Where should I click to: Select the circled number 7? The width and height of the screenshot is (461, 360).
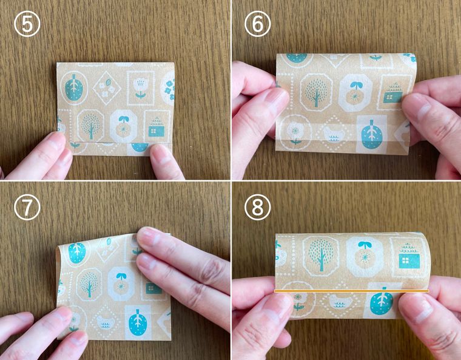coord(27,208)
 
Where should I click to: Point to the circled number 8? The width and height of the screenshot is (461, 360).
coord(258,208)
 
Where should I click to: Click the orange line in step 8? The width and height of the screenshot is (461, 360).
coord(352,291)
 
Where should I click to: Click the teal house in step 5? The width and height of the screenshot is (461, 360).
coord(156,127)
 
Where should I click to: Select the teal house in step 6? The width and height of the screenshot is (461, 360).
coord(393,93)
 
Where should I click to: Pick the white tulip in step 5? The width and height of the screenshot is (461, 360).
coord(141,87)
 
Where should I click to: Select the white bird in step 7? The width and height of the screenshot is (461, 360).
coord(104,322)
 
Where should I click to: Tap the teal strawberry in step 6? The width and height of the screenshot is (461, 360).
coord(371,134)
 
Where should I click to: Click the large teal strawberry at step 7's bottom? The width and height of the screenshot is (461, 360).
coord(138,322)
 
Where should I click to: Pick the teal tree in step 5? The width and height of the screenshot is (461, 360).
coord(90,125)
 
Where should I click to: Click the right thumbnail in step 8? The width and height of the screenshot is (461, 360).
coord(417,310)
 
